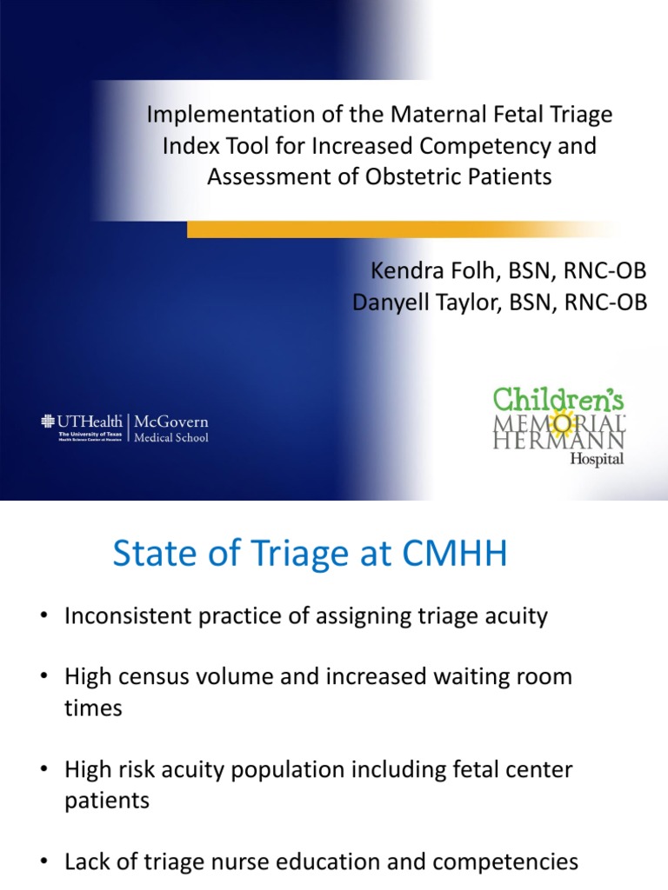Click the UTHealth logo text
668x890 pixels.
[90, 422]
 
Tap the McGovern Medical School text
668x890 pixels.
[170, 429]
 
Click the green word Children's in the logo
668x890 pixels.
[559, 401]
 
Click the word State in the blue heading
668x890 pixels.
[150, 554]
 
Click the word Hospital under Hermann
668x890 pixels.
[597, 460]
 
